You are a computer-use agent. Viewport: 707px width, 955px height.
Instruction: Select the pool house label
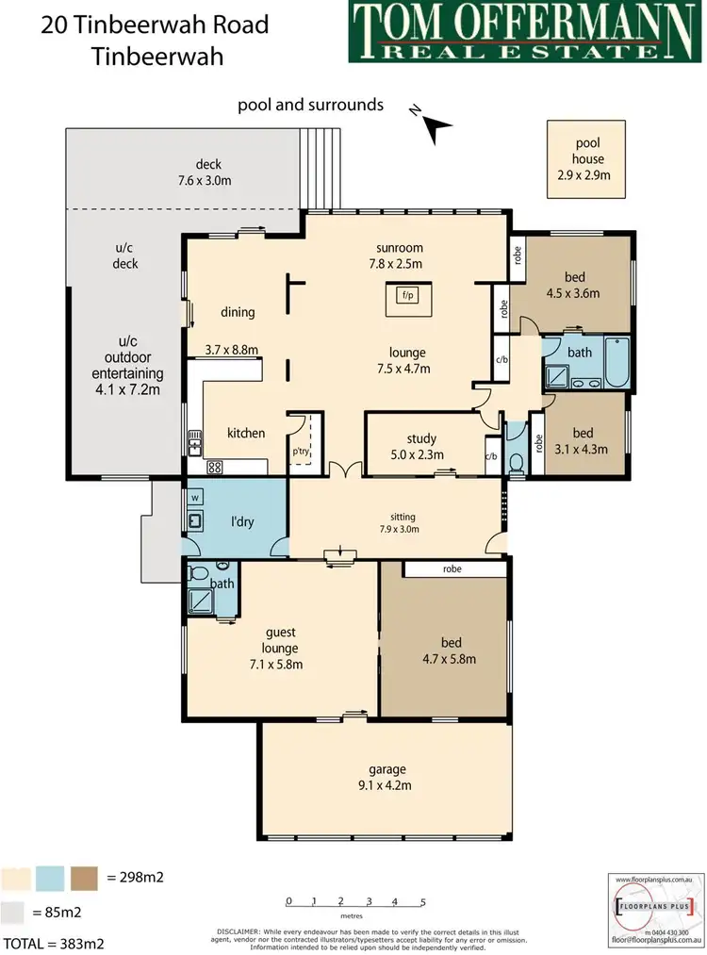(586, 159)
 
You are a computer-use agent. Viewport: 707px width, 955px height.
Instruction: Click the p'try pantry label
(301, 452)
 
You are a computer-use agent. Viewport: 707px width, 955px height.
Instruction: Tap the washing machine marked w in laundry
(195, 497)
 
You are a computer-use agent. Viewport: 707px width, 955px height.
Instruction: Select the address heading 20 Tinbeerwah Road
(156, 24)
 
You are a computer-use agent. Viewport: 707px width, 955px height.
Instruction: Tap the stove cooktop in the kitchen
(214, 466)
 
